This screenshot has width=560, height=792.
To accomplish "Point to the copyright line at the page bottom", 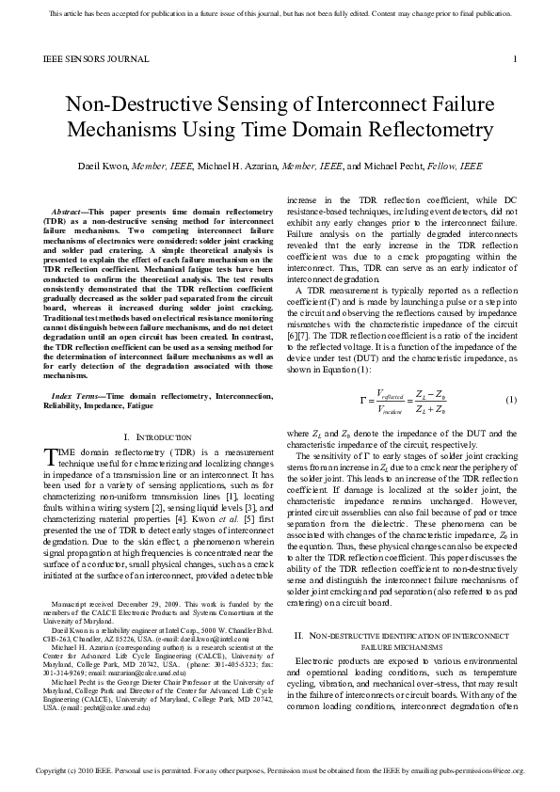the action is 280,770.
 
